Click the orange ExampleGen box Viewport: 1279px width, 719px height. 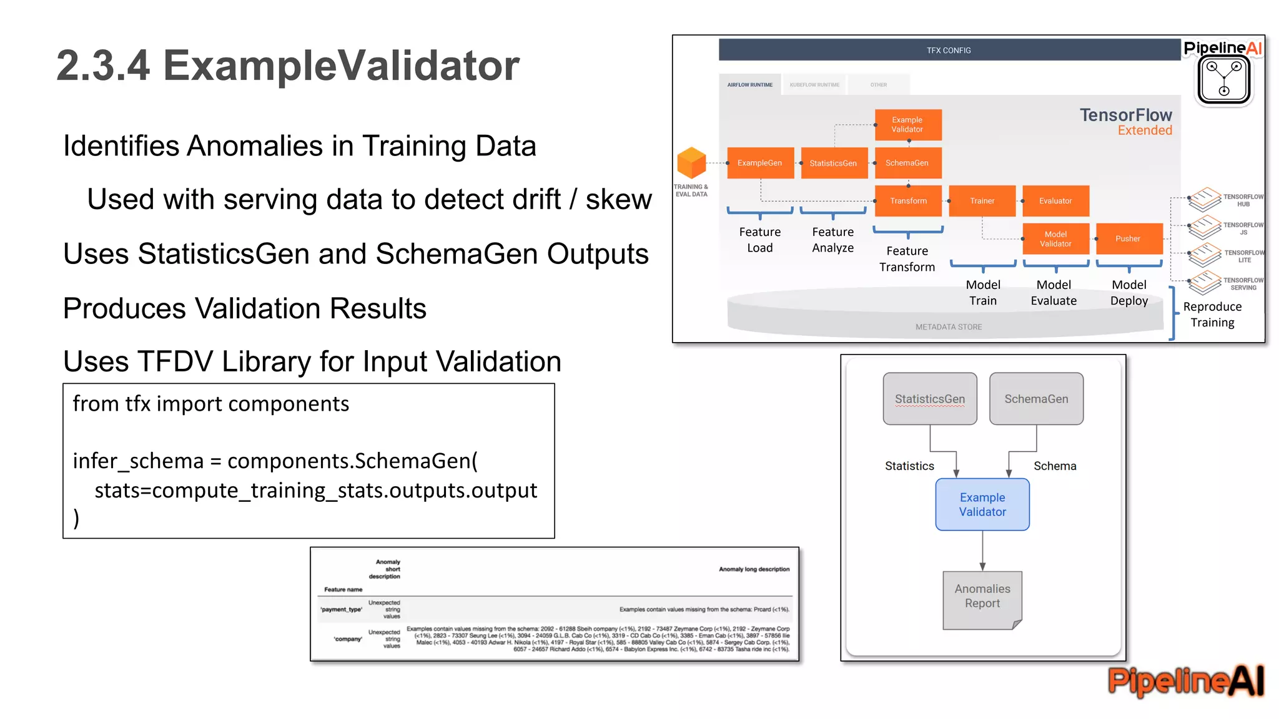(760, 163)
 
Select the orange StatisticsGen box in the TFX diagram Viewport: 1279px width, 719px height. (834, 164)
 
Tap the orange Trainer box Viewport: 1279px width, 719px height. (982, 201)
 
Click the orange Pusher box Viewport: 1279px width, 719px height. (1128, 238)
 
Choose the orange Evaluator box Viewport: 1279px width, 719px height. (1055, 201)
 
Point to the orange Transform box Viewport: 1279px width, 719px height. (908, 201)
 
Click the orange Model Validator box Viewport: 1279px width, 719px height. (1055, 239)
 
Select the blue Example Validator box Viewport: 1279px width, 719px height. (982, 504)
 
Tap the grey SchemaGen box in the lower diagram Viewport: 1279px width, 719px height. (1036, 399)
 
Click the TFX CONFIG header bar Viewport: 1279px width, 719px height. (949, 50)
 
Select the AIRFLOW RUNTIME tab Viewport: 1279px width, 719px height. (749, 85)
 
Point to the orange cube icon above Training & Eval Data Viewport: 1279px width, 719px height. (691, 163)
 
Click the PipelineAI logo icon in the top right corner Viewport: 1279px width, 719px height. (1224, 81)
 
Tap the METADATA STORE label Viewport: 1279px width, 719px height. (949, 327)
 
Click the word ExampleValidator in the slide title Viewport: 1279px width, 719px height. (341, 66)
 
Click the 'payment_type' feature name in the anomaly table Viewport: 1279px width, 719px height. (341, 609)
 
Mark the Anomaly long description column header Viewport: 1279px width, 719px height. (754, 569)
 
